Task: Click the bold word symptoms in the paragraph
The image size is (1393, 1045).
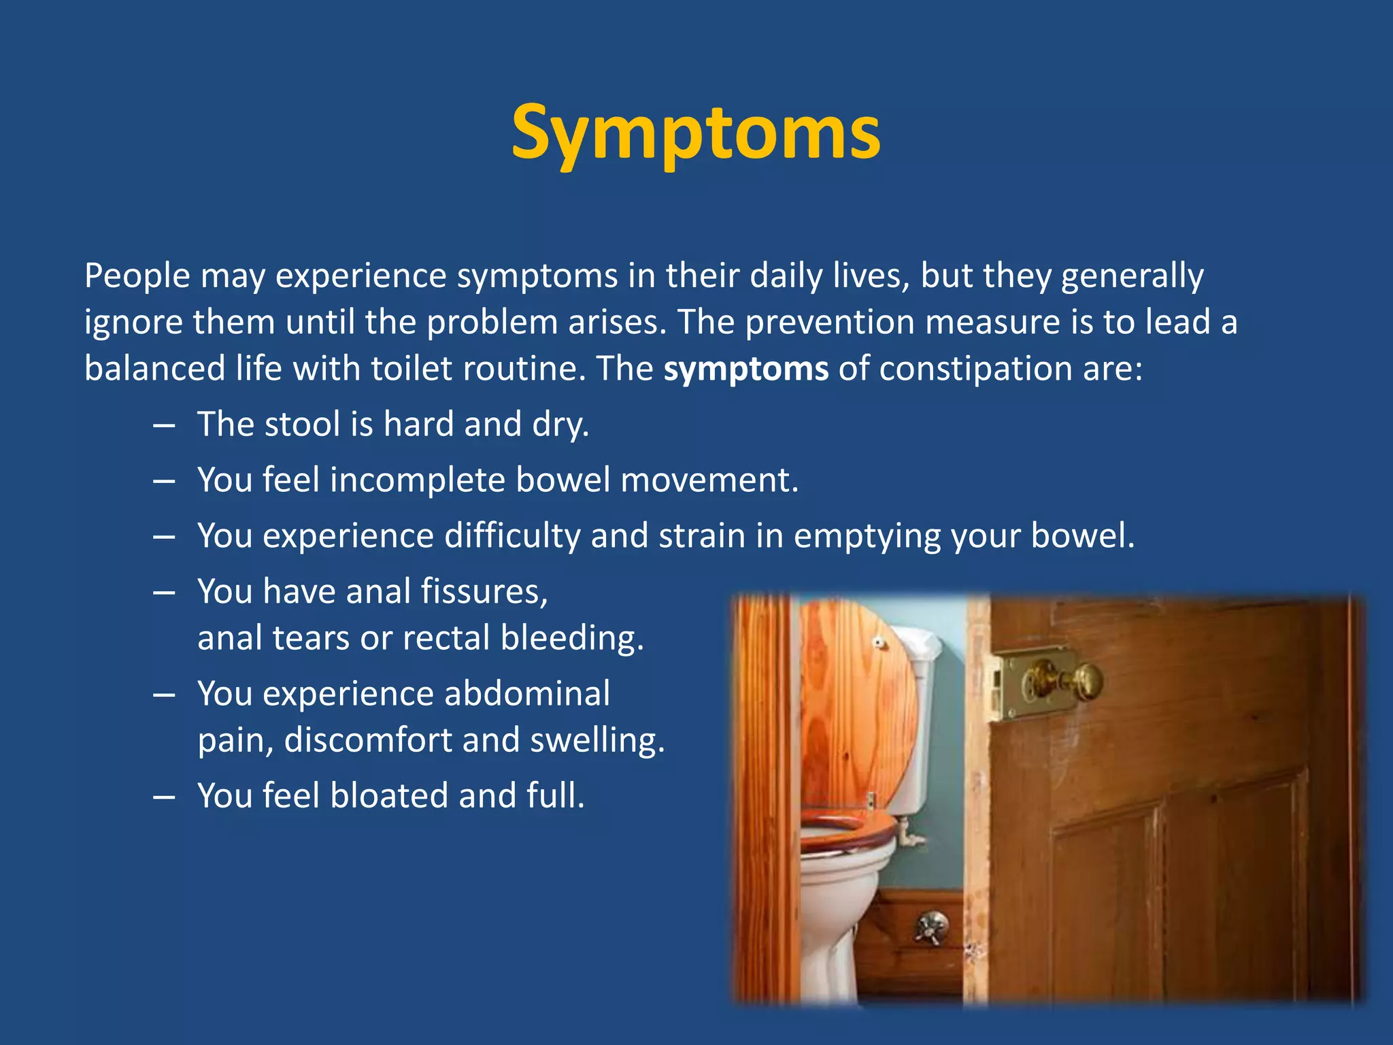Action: (746, 369)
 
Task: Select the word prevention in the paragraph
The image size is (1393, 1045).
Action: (829, 322)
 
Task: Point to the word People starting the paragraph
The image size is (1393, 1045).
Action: (137, 276)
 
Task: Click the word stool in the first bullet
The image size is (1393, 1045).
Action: (302, 425)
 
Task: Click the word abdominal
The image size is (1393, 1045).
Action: (527, 694)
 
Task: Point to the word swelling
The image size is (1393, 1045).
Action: (597, 740)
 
